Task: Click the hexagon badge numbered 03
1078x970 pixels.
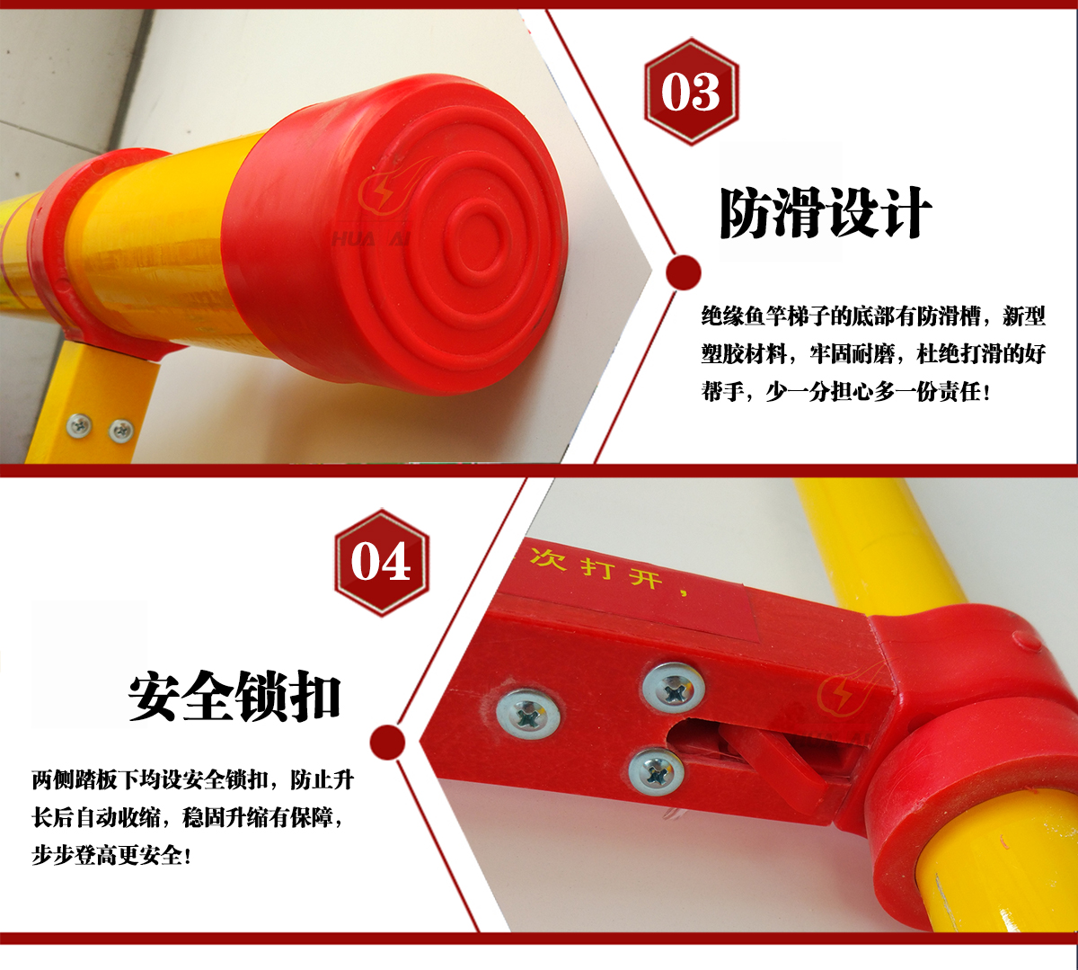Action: (691, 92)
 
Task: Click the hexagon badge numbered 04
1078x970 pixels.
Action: (382, 562)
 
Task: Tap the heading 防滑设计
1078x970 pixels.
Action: (826, 213)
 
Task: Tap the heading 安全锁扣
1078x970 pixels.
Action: (234, 696)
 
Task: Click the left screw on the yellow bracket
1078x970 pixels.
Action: (79, 426)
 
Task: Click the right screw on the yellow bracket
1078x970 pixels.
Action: (121, 431)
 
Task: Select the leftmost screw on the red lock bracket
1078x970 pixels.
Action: (528, 715)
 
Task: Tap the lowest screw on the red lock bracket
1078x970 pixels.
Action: (656, 772)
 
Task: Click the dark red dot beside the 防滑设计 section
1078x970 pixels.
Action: (684, 271)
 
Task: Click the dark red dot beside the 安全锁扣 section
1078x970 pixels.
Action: (387, 742)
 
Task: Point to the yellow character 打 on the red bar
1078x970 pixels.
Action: (598, 567)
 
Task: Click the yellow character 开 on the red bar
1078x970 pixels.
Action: (645, 577)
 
